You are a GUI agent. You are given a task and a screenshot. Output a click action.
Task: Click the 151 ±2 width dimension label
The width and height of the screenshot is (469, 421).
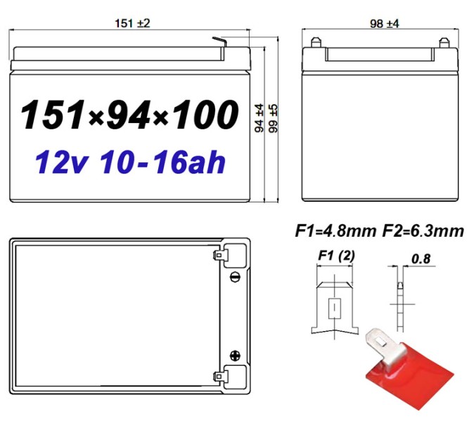132,23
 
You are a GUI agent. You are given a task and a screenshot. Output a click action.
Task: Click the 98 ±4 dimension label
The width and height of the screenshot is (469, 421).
385,23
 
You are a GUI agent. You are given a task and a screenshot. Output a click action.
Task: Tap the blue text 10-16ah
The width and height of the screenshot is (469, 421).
162,162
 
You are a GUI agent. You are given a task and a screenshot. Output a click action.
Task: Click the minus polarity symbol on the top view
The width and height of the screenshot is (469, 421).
233,277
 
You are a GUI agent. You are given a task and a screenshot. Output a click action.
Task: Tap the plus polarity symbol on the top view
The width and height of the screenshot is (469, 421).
233,356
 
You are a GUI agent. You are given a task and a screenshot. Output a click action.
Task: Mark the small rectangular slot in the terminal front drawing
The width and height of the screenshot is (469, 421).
335,307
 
